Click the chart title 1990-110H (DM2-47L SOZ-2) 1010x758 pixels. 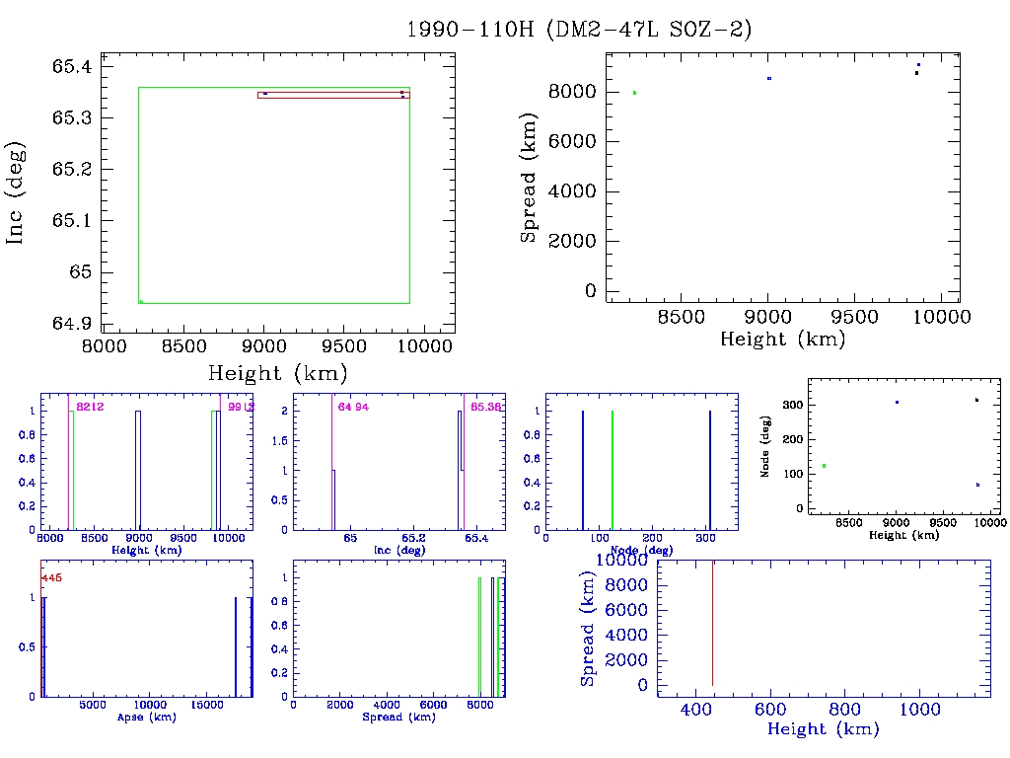tap(580, 30)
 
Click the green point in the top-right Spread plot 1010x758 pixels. tap(634, 93)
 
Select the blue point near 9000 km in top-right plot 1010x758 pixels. tap(769, 78)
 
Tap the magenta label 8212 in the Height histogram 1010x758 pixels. tap(91, 407)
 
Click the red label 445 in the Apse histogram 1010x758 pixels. tap(51, 578)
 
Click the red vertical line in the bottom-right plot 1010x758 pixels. tap(712, 622)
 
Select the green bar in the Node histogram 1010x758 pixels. tap(613, 470)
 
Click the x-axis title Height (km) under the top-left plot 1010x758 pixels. tap(277, 373)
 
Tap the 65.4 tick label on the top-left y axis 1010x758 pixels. tap(72, 67)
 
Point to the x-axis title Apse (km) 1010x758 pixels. tap(146, 718)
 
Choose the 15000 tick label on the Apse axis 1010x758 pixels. tap(206, 706)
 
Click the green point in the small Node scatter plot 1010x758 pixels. tap(824, 466)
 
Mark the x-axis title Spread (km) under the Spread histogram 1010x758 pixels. tap(400, 718)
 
